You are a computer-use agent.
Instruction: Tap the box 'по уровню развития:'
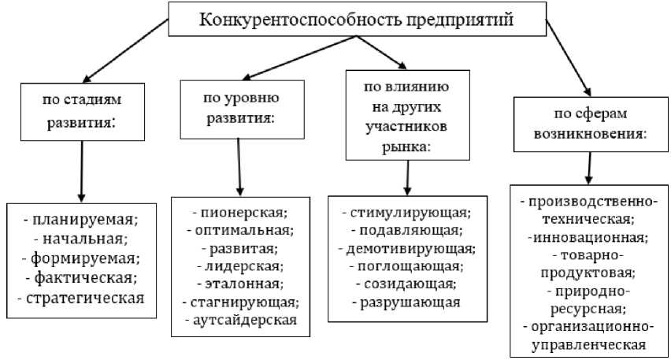click(240, 108)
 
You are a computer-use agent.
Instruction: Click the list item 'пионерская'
click(241, 213)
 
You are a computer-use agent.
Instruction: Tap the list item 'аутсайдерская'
click(241, 319)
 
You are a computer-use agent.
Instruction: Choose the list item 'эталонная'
click(241, 284)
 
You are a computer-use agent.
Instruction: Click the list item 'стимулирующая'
click(406, 213)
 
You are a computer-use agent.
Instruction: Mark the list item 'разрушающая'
click(406, 301)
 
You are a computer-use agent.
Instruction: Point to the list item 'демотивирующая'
click(406, 248)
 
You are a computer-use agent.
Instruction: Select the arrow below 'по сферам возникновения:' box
click(589, 166)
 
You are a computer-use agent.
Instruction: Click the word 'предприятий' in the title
click(468, 19)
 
